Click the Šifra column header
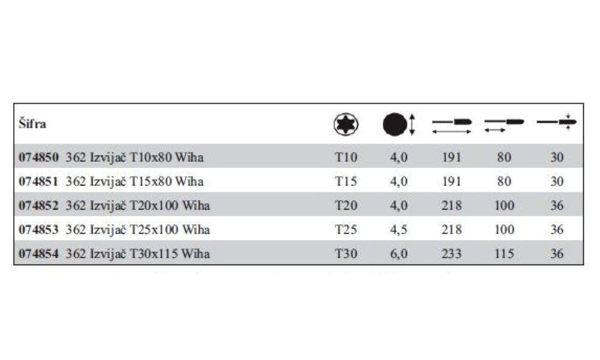pos(32,124)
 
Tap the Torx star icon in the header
pos(346,124)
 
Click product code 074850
pos(38,157)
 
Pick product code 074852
pos(38,205)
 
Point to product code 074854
pos(38,254)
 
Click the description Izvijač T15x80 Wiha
pos(146,181)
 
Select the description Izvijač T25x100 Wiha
pos(149,230)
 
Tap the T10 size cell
pos(346,157)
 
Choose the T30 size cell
pos(346,254)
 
